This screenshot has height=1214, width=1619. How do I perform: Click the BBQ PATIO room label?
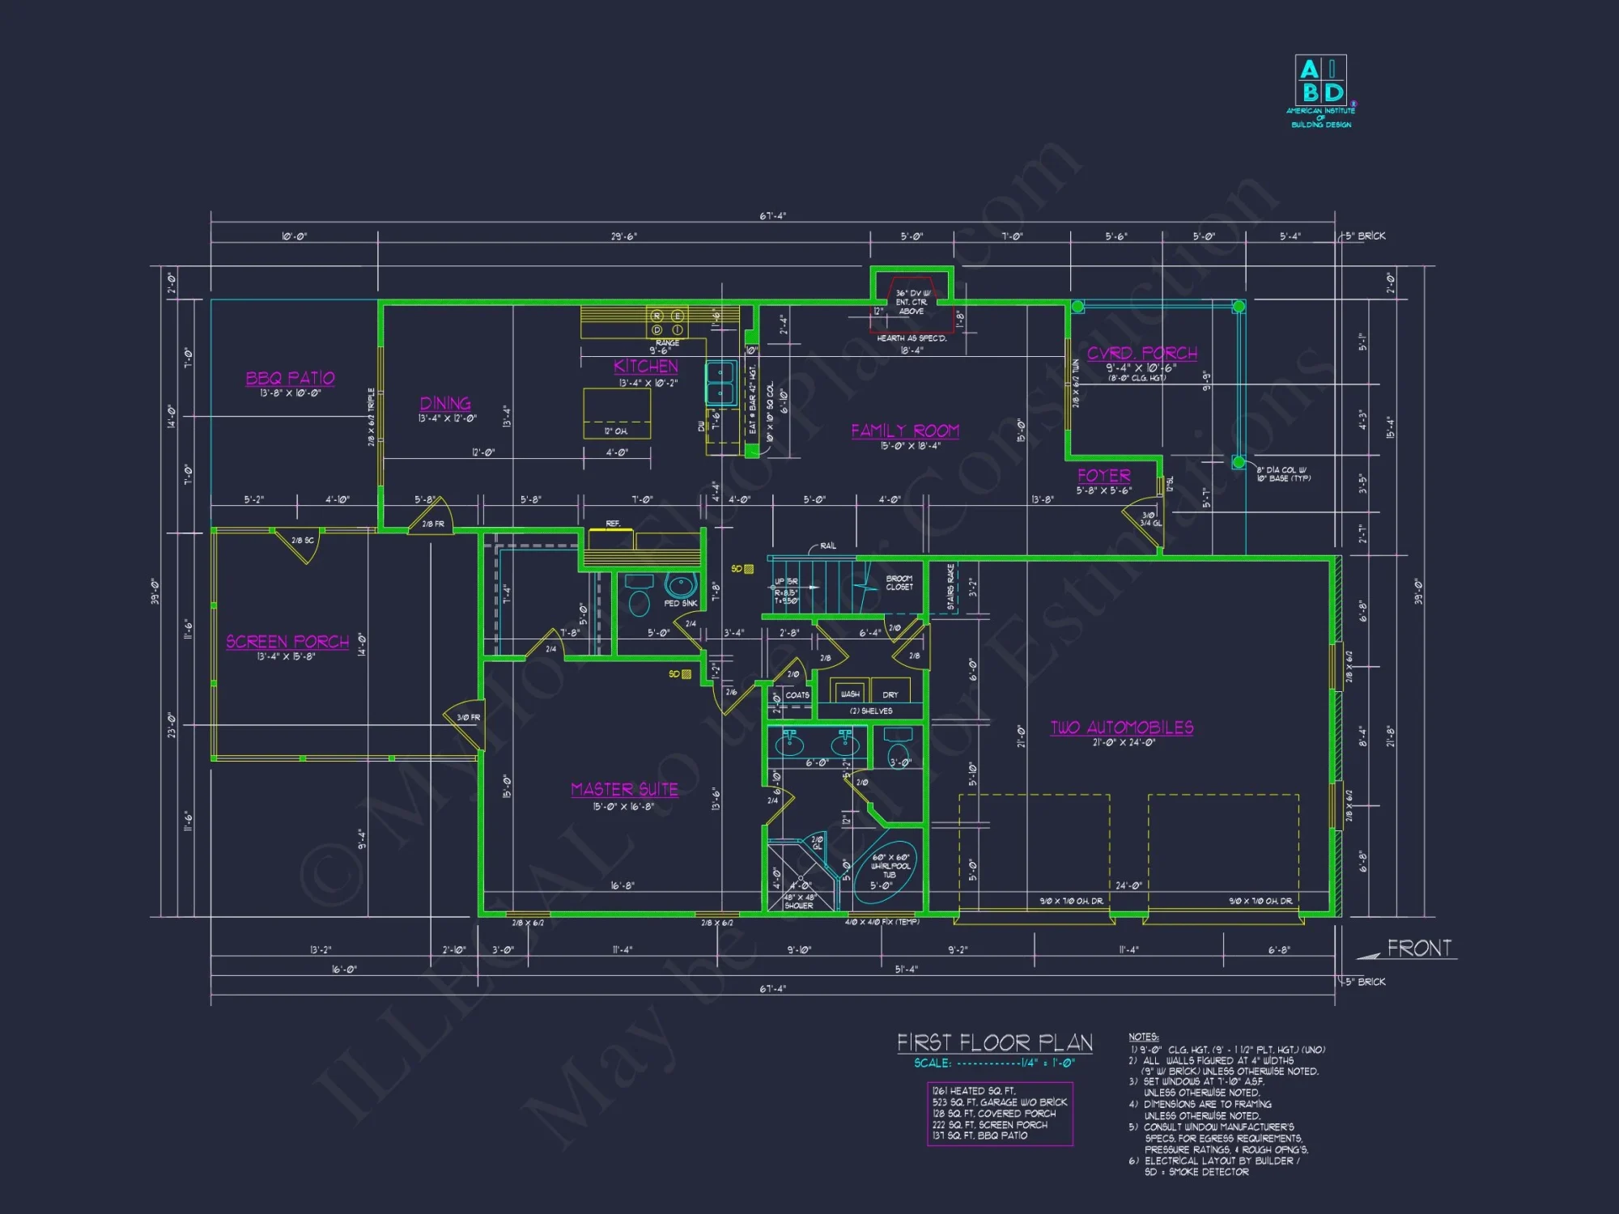pos(290,378)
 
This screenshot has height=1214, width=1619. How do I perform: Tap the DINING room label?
pos(445,403)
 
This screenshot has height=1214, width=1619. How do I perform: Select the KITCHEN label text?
pos(646,367)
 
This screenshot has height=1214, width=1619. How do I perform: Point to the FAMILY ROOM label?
pos(905,431)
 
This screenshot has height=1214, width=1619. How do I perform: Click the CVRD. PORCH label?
pos(1142,353)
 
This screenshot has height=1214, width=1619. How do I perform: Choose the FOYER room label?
pos(1104,476)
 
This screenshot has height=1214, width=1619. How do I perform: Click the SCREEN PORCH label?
pos(287,642)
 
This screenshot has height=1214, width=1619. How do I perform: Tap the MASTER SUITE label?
pos(624,789)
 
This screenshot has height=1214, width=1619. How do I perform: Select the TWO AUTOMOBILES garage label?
pos(1122,728)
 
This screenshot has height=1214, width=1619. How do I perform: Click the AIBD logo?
pos(1320,81)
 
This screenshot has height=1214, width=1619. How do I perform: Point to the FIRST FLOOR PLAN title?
pos(995,1042)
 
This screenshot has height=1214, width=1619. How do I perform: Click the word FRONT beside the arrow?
pos(1419,949)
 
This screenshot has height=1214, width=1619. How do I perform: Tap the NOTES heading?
pos(1143,1037)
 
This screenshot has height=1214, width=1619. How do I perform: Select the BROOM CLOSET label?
pos(899,583)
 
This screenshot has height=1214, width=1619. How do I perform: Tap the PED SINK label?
pos(680,603)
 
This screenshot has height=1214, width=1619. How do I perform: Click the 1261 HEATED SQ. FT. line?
pos(974,1091)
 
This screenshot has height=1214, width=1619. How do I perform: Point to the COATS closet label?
pos(797,695)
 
